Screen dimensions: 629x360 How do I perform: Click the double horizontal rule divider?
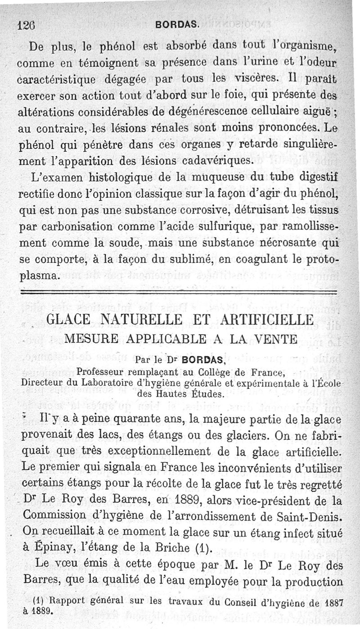click(180, 293)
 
